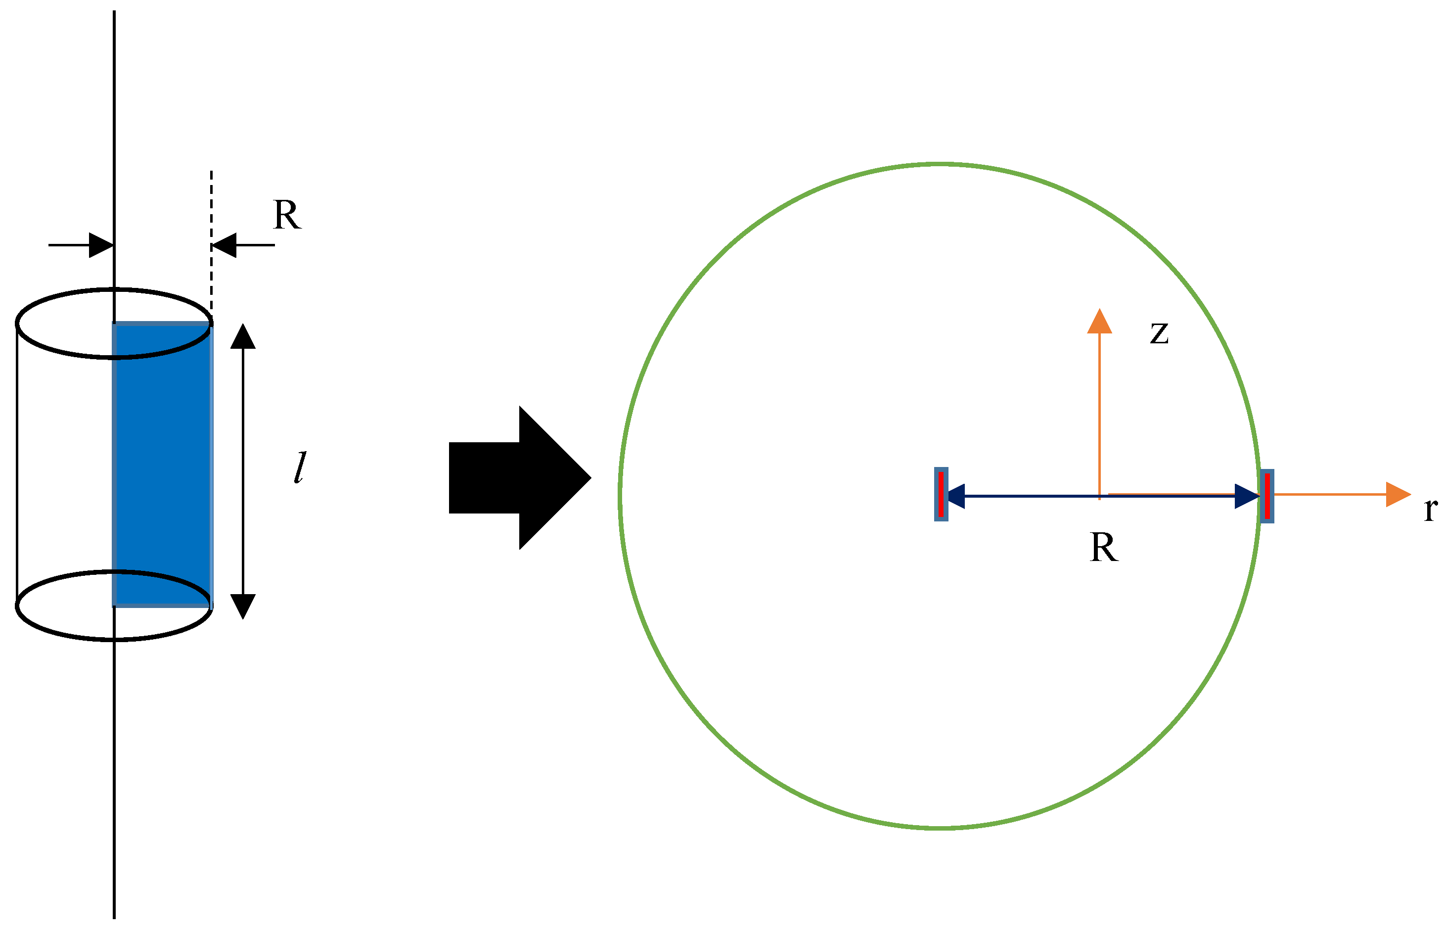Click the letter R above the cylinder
click(x=287, y=215)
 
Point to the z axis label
click(x=1159, y=333)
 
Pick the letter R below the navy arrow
click(x=1103, y=548)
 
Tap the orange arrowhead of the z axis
click(x=1099, y=322)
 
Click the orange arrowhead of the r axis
click(x=1398, y=494)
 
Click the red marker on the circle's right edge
click(x=1267, y=496)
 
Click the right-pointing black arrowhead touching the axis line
click(x=101, y=245)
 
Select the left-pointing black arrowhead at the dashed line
click(x=224, y=245)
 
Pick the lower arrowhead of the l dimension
click(x=243, y=606)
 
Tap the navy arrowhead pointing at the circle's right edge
click(x=1247, y=496)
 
